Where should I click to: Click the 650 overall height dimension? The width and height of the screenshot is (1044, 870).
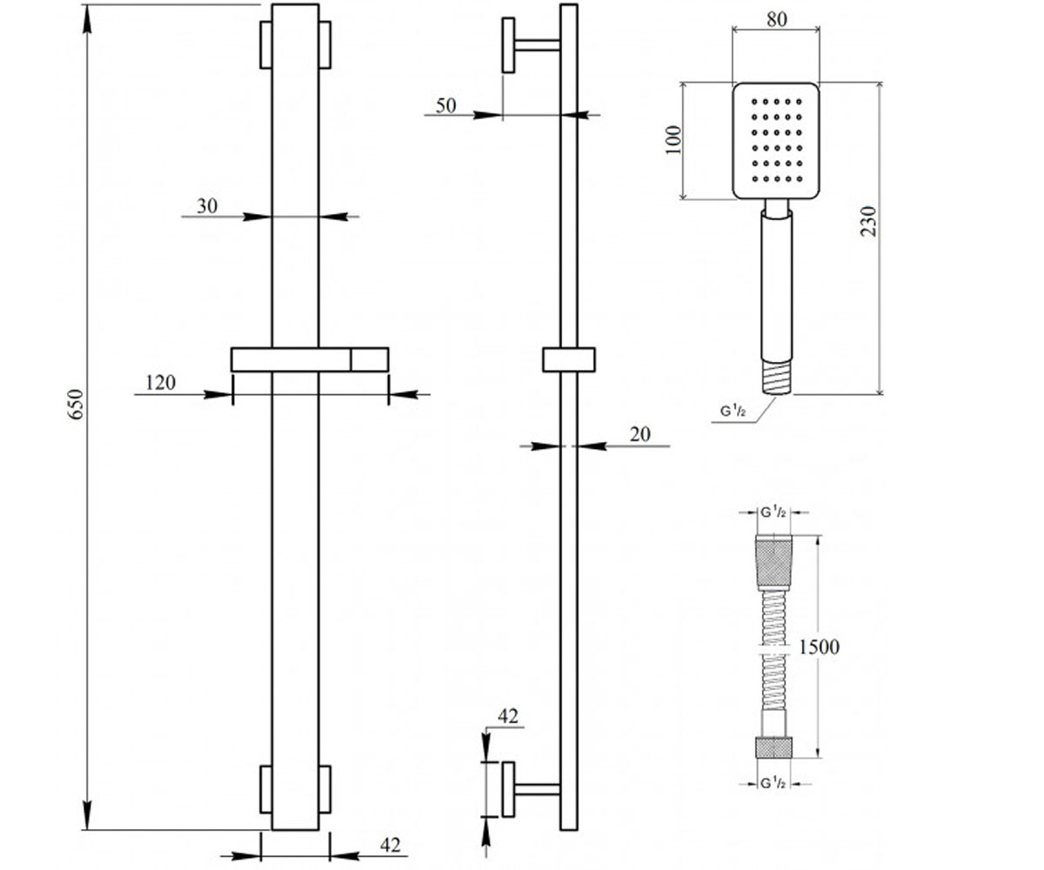76,404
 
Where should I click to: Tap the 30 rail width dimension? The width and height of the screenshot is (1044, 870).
207,206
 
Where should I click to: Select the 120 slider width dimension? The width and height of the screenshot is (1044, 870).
160,383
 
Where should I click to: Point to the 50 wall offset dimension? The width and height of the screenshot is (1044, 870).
446,106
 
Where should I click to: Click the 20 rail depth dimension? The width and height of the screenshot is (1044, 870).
640,434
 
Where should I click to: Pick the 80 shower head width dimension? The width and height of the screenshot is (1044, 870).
777,19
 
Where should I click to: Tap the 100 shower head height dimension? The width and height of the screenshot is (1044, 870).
674,140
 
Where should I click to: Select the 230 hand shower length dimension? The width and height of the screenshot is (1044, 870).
868,221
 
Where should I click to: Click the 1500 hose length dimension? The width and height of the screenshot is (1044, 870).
819,647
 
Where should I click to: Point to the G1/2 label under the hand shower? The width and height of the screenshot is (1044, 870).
733,411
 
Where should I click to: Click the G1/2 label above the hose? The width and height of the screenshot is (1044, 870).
773,512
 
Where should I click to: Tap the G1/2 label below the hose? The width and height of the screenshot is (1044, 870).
773,784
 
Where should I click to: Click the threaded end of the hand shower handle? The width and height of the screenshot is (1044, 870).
777,378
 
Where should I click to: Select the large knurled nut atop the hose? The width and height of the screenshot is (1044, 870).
773,563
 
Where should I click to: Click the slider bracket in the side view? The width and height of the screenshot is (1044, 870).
569,359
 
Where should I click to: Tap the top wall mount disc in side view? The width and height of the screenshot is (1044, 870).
508,45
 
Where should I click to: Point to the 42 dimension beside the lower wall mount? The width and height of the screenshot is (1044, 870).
508,717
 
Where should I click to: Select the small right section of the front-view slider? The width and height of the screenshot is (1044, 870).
370,359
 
